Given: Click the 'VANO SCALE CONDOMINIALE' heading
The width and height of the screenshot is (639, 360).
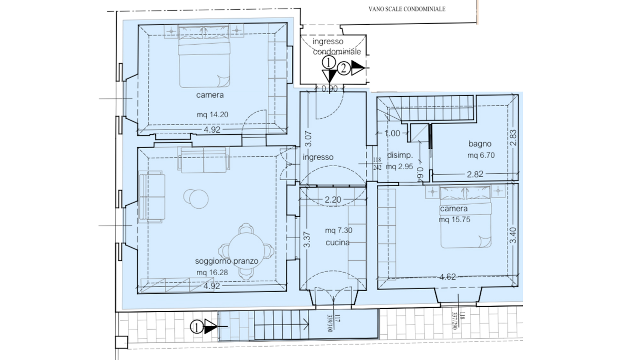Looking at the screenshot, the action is (x=407, y=9).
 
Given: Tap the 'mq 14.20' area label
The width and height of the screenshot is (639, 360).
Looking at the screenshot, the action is (x=212, y=114).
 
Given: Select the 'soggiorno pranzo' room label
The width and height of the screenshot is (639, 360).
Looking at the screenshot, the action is (x=227, y=261).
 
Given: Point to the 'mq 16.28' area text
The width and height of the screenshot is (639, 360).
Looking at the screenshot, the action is (x=212, y=272).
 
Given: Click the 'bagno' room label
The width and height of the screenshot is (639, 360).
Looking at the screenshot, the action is (x=480, y=144).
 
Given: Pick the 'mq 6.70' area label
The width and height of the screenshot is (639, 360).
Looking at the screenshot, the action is (x=481, y=155).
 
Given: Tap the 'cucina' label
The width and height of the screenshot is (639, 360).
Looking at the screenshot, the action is (x=337, y=242).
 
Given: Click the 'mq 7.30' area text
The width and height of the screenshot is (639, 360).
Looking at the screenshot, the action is (x=339, y=230).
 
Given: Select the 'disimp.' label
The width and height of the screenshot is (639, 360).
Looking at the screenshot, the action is (x=400, y=155).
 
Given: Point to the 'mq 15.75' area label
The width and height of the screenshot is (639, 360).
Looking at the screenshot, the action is (x=454, y=220).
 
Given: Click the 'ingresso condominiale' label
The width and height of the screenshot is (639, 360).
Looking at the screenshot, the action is (x=337, y=46).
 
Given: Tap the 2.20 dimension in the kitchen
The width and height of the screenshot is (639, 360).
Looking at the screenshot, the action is (x=333, y=200).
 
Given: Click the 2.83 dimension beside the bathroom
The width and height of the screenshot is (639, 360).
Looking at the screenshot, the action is (x=513, y=137).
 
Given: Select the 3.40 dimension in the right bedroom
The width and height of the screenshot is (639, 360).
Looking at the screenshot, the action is (x=512, y=235).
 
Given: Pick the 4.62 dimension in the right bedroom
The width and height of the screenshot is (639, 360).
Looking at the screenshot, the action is (x=448, y=277).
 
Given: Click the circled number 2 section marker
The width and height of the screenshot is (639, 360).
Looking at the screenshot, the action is (x=343, y=68).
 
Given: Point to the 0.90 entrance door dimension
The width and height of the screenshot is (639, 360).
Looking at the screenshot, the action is (x=329, y=89).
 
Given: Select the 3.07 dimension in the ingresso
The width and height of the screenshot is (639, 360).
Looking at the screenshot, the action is (x=308, y=139).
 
